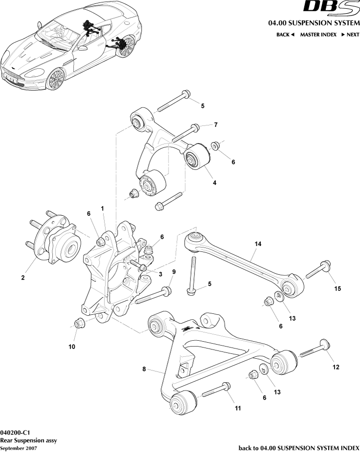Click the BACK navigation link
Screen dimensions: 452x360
[x=285, y=35]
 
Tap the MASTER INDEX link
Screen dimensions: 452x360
[x=318, y=35]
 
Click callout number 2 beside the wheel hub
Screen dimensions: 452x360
[x=22, y=278]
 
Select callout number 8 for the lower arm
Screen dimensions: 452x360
[x=144, y=370]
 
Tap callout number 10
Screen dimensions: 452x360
[x=71, y=347]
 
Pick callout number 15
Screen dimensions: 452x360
[x=337, y=289]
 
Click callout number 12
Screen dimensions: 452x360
[x=336, y=367]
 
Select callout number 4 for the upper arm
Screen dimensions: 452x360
[x=213, y=183]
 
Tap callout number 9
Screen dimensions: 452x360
[x=173, y=271]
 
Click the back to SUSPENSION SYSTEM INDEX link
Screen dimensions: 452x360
[x=298, y=448]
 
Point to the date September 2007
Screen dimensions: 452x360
[x=18, y=448]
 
